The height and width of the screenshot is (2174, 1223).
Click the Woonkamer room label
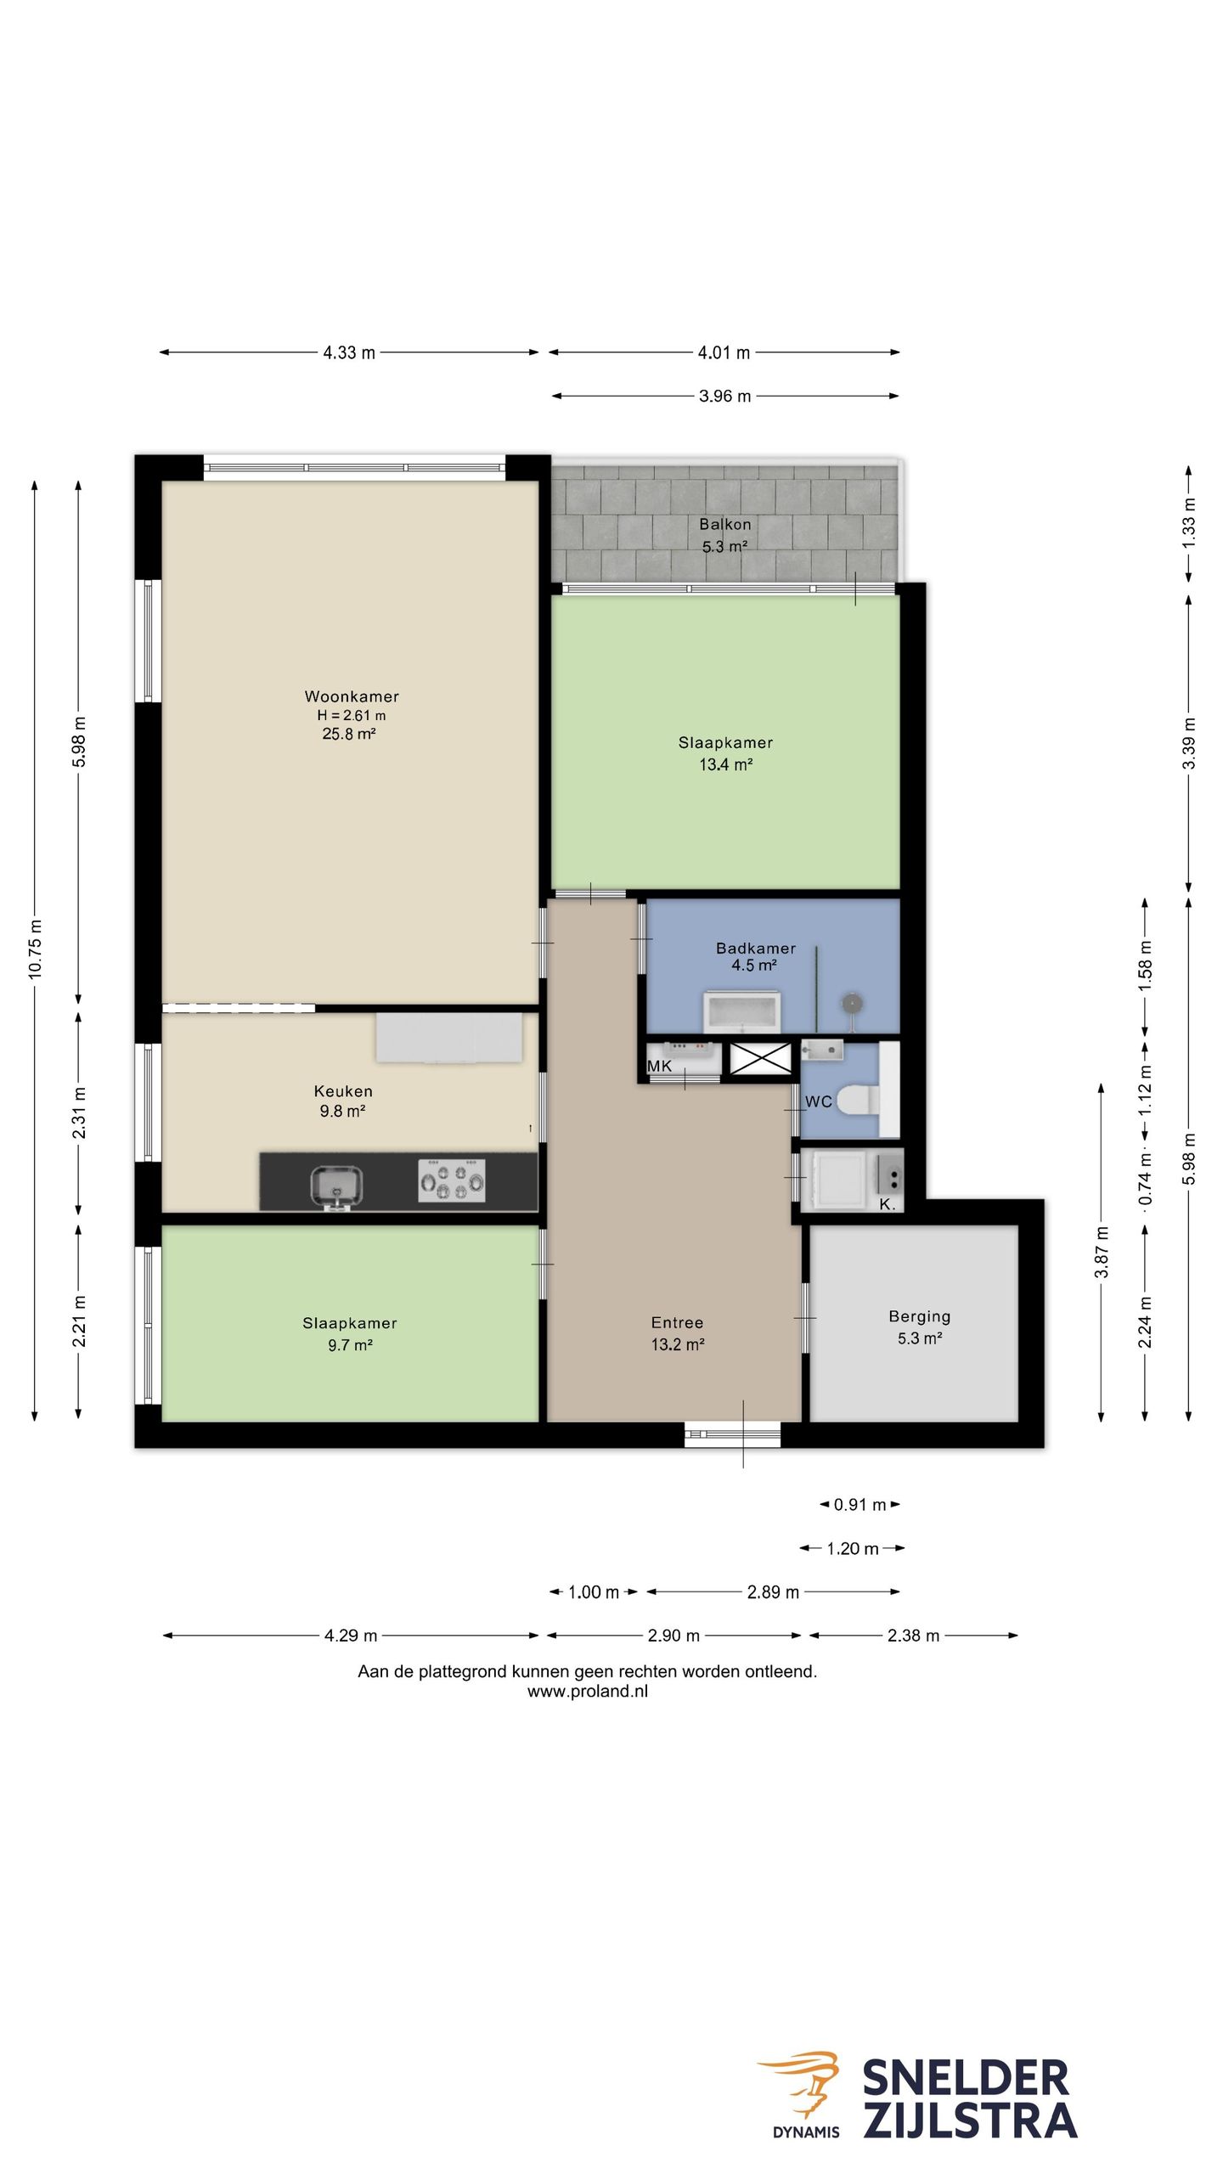click(x=352, y=696)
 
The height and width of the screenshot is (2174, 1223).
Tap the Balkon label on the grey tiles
click(x=724, y=525)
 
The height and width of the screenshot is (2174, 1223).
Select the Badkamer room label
click(x=756, y=948)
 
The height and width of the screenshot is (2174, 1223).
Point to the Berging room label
click(x=919, y=1316)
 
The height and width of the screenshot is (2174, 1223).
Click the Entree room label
click(x=677, y=1322)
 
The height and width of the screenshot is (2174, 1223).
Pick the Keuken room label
click(x=343, y=1091)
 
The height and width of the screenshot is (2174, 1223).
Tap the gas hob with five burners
click(x=452, y=1180)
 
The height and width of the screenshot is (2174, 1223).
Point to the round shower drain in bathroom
click(x=852, y=1004)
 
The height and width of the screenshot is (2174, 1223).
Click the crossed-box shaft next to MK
click(x=760, y=1059)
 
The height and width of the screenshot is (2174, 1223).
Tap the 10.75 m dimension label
click(x=35, y=949)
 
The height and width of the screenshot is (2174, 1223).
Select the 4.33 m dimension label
click(x=349, y=352)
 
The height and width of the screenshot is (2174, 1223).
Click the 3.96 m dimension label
click(x=725, y=396)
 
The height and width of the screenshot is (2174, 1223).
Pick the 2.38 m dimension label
click(x=914, y=1636)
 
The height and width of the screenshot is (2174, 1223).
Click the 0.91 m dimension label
click(x=859, y=1505)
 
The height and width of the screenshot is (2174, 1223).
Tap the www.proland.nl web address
click(x=588, y=1691)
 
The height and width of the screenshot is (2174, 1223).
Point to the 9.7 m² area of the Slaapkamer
click(x=350, y=1344)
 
